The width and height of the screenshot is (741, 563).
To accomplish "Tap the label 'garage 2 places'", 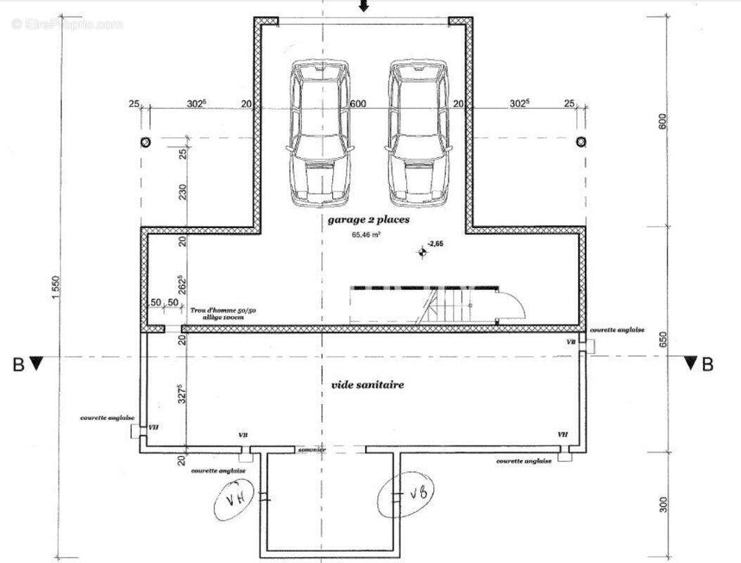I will [368, 220].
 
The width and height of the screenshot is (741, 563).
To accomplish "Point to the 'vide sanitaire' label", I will [367, 386].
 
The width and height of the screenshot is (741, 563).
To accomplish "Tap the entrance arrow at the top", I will [363, 6].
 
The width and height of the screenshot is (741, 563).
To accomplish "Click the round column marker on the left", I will [146, 142].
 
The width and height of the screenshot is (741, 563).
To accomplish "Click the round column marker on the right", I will [581, 142].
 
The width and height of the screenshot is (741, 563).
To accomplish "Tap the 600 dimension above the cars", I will [357, 104].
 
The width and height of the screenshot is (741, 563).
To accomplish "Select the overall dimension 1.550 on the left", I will [57, 287].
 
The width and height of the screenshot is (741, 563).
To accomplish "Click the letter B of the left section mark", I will [18, 365].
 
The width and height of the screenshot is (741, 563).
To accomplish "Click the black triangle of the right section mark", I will [691, 363].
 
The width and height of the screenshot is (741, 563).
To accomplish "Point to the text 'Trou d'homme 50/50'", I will [216, 310].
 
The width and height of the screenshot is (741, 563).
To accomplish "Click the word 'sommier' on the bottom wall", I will [312, 450].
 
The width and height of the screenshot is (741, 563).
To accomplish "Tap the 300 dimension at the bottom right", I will [663, 505].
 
